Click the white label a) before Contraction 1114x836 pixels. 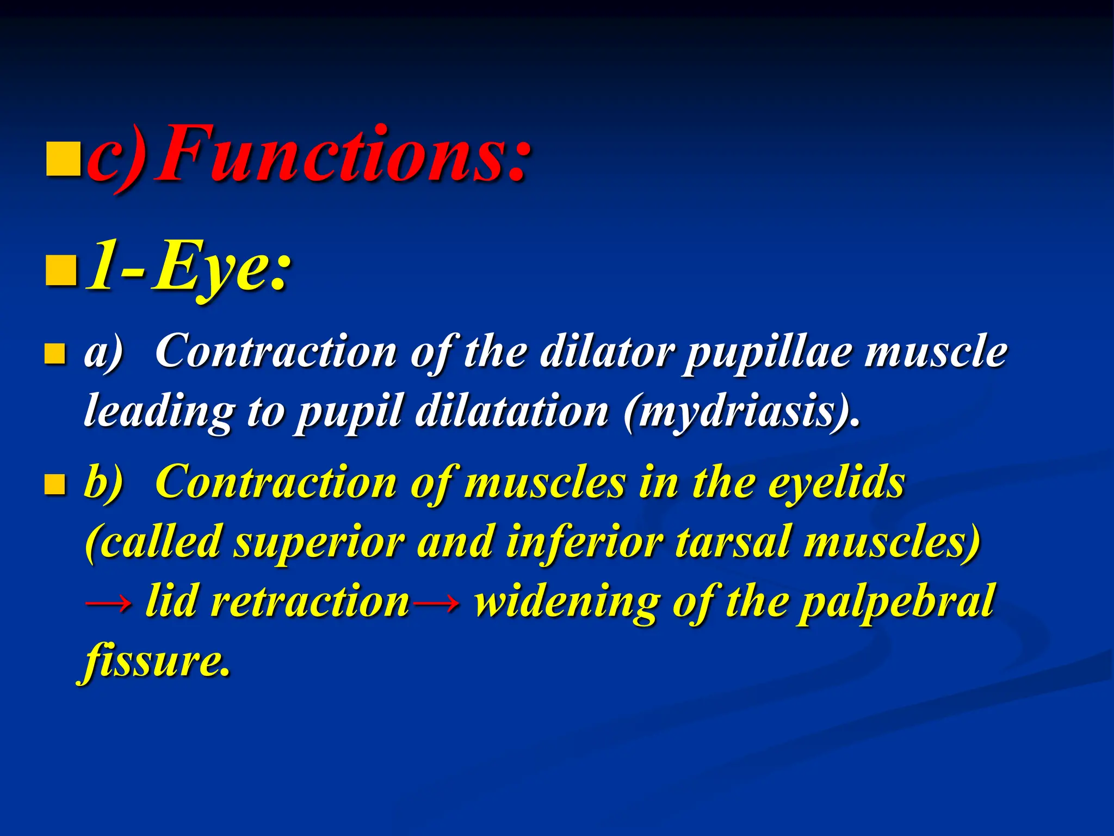tap(103, 353)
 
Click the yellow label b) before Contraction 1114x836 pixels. tap(103, 482)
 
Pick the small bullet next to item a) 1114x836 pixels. tap(55, 353)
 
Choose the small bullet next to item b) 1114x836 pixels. tap(55, 483)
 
